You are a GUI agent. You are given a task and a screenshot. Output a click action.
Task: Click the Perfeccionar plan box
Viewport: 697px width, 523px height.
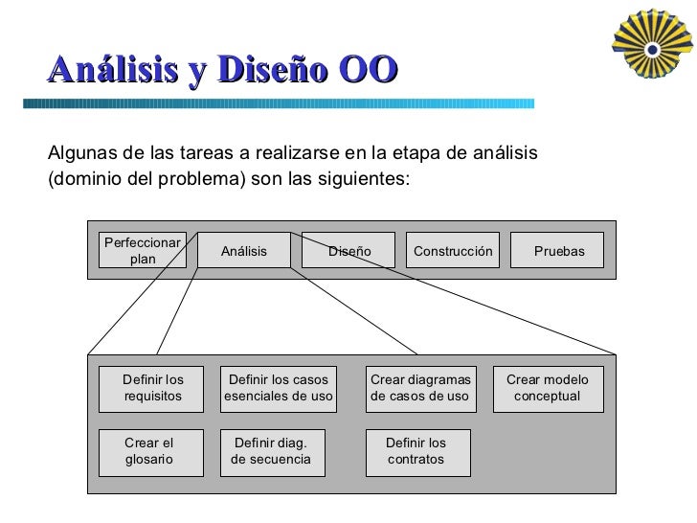pos(143,251)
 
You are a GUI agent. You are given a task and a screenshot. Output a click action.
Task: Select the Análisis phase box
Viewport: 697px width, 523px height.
pos(243,251)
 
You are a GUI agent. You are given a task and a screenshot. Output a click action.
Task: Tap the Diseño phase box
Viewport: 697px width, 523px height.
pos(348,251)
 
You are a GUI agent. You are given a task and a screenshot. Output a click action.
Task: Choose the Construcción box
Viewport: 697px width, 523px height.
pos(453,251)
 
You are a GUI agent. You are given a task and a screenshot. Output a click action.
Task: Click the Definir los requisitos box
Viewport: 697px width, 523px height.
pos(152,388)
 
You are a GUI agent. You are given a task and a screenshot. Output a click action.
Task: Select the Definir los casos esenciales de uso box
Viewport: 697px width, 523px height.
pos(279,388)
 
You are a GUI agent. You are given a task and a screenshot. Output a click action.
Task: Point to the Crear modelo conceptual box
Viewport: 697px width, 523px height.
pos(548,388)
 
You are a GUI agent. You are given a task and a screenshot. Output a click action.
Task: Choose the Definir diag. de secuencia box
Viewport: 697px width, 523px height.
pos(271,451)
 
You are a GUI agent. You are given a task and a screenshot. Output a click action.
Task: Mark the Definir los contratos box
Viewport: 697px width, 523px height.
pos(419,451)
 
